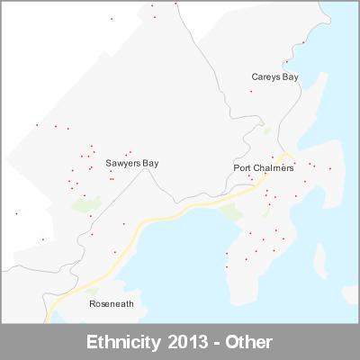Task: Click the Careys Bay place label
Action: [274, 77]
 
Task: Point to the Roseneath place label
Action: [112, 304]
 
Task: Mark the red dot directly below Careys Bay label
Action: [275, 90]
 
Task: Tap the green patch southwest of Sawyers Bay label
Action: [86, 205]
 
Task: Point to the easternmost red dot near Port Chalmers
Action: [329, 168]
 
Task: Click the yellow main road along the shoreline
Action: [162, 219]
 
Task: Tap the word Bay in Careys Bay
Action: [290, 77]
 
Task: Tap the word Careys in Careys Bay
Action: [265, 77]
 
